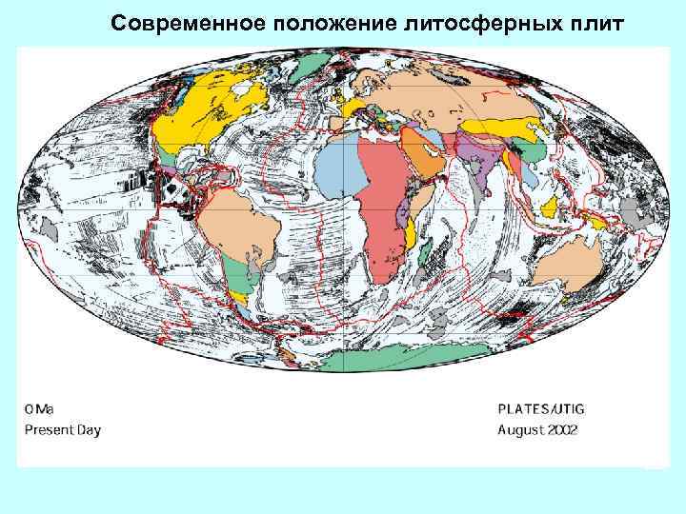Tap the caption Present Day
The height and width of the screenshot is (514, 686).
pos(62,429)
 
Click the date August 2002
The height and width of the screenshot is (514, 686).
pos(537,429)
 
